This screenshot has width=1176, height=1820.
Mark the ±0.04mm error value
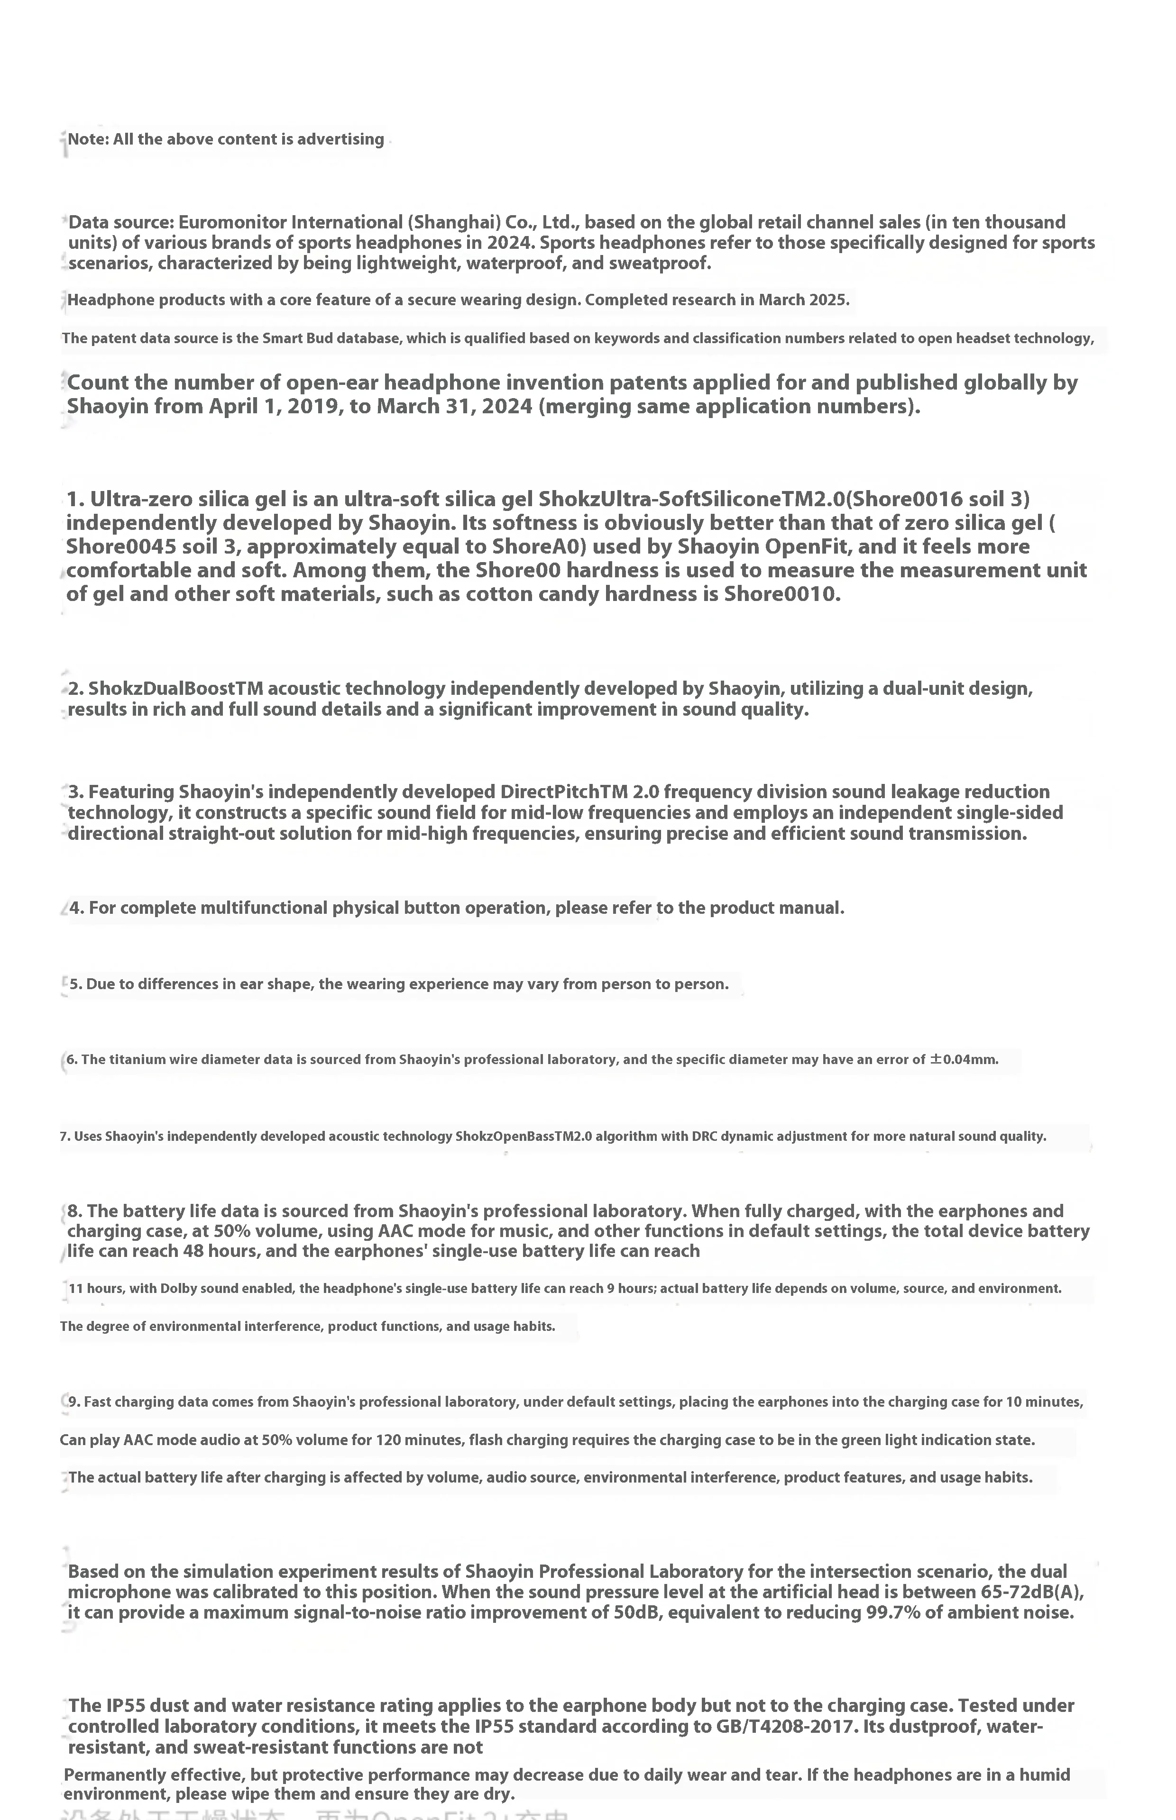pyautogui.click(x=964, y=1059)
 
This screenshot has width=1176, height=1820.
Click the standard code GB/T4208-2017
pyautogui.click(x=777, y=1726)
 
